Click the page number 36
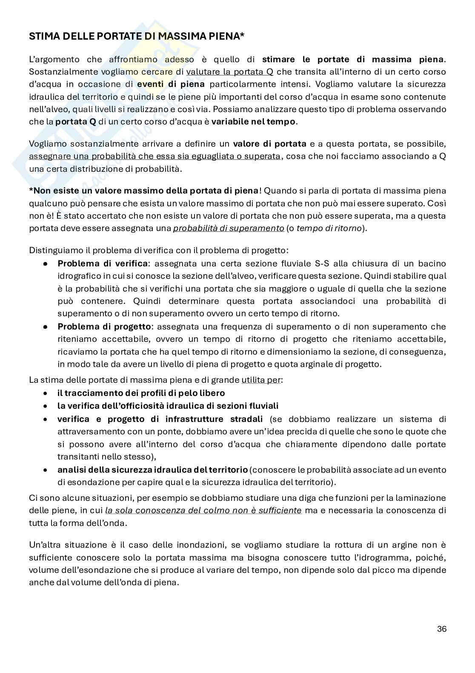point(441,629)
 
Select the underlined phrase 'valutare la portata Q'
point(230,72)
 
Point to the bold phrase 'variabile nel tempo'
point(253,121)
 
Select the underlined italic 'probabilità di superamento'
point(228,228)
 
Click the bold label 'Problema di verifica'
point(103,263)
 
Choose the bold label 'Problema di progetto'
point(104,326)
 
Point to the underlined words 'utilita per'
point(261,380)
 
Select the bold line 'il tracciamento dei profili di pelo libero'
point(141,393)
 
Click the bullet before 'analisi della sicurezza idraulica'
point(45,470)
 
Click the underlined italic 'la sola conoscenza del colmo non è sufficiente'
point(203,510)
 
